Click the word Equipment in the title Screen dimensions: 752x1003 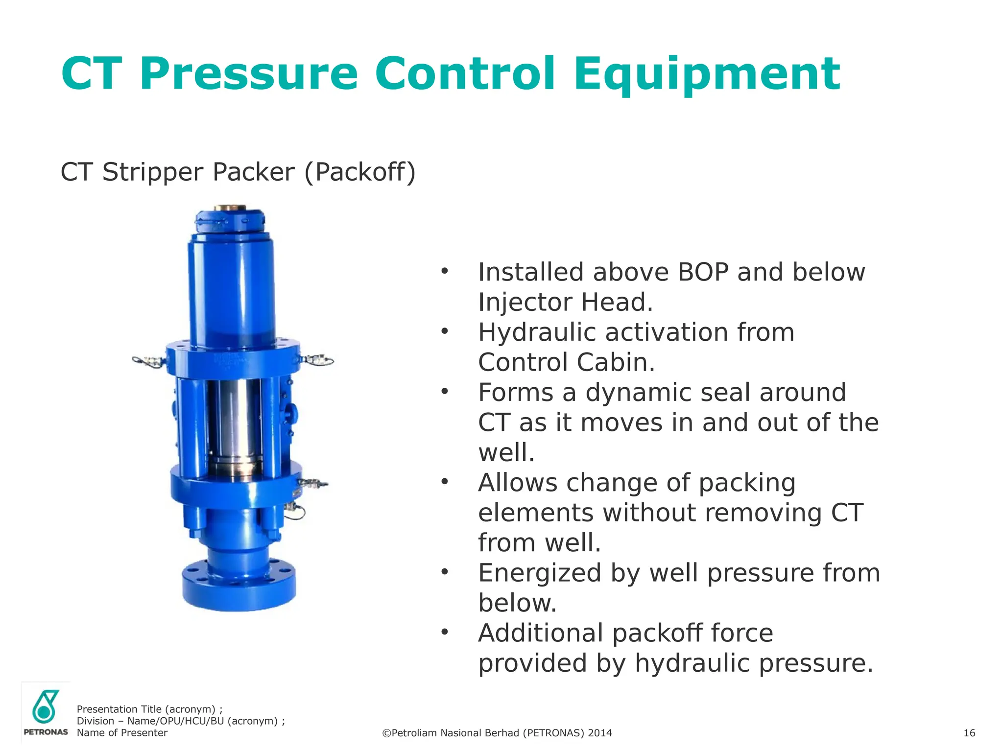pyautogui.click(x=707, y=74)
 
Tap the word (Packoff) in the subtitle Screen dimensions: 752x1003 pyautogui.click(x=360, y=172)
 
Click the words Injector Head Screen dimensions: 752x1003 pyautogui.click(x=565, y=302)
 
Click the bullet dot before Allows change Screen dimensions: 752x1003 pyautogui.click(x=445, y=482)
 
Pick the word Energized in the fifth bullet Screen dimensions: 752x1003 pyautogui.click(x=539, y=573)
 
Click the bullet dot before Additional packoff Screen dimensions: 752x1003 pyautogui.click(x=445, y=633)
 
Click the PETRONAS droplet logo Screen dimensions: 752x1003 pyautogui.click(x=45, y=707)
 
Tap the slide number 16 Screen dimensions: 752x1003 pyautogui.click(x=969, y=733)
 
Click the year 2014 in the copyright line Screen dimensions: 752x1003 pyautogui.click(x=600, y=733)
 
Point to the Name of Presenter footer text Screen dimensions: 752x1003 pyautogui.click(x=122, y=733)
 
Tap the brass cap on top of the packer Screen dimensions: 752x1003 pyautogui.click(x=230, y=208)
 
